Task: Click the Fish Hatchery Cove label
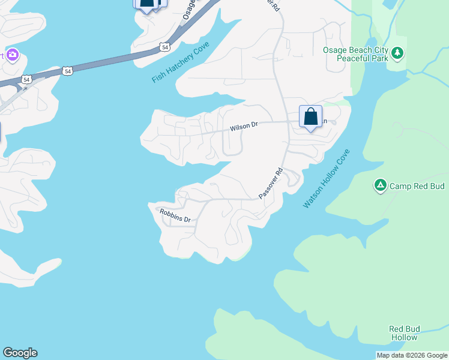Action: (x=181, y=62)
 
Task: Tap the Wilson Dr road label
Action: (x=243, y=127)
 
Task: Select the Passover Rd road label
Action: (x=270, y=184)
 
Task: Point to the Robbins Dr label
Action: (x=175, y=215)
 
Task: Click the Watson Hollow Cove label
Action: (x=325, y=179)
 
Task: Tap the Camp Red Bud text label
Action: (x=417, y=186)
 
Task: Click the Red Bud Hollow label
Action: (x=404, y=333)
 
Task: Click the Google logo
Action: (x=20, y=353)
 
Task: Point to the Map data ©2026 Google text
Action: (x=412, y=355)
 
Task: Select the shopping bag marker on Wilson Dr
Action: (x=310, y=116)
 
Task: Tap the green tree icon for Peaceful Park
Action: (x=397, y=54)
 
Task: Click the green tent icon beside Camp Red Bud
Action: (x=380, y=185)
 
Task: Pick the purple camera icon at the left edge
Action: (x=13, y=56)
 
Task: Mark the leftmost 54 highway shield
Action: (x=26, y=79)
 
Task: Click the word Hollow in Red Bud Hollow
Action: (x=404, y=337)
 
